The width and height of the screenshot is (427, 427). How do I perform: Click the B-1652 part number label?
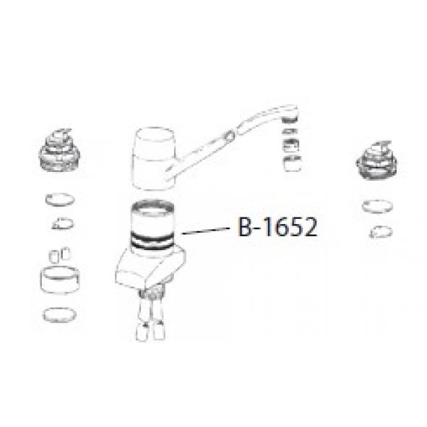277,227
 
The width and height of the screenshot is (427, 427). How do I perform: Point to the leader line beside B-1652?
206,231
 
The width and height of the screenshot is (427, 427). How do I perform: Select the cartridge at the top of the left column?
59,150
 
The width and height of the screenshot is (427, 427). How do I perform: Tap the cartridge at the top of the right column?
376,160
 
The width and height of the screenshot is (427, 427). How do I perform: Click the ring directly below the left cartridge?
60,199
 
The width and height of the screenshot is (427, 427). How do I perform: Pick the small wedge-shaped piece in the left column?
63,223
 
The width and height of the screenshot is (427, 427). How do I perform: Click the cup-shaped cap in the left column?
60,280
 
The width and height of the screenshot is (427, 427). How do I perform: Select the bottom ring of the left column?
60,315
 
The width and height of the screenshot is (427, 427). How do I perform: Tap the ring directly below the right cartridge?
377,206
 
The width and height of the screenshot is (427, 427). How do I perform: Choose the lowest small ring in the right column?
381,232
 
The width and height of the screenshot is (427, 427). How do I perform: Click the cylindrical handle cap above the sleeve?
154,158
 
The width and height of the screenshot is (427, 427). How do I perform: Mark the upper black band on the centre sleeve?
152,236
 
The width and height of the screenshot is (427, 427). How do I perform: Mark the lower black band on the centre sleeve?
152,244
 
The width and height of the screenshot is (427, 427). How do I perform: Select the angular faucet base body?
150,268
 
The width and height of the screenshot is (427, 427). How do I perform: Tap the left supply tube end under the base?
142,331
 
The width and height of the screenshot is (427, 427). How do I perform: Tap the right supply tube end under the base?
159,330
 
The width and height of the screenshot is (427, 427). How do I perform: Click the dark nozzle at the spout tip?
290,120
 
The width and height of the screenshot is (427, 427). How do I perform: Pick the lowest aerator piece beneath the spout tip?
292,164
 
